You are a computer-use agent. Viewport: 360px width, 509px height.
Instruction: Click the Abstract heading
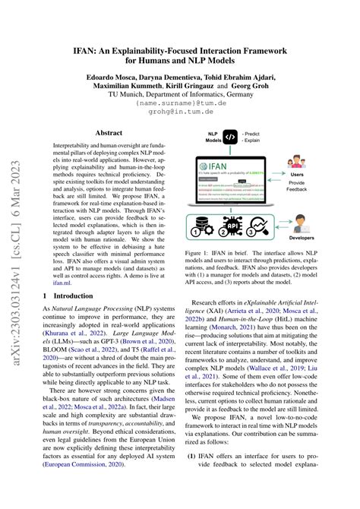(108, 132)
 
